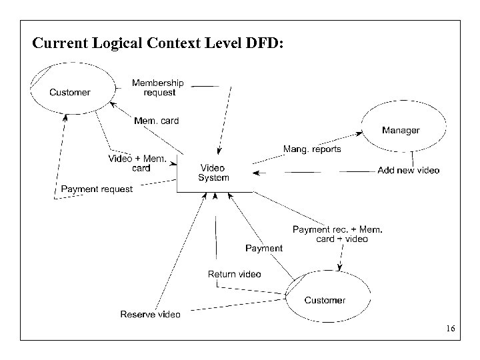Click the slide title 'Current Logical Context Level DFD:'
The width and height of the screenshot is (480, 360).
click(x=158, y=44)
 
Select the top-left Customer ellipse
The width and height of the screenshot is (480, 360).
click(x=69, y=92)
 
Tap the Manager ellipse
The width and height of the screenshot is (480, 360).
click(x=401, y=130)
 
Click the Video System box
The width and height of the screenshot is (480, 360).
click(x=213, y=173)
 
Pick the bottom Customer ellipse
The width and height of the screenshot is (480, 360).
click(x=325, y=300)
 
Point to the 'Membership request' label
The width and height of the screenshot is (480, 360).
click(x=158, y=87)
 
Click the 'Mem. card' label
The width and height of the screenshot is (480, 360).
click(x=156, y=121)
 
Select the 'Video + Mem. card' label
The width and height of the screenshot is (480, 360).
click(x=137, y=163)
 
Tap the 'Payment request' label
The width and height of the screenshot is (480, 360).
click(x=97, y=189)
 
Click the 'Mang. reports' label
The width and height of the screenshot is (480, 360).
click(x=312, y=149)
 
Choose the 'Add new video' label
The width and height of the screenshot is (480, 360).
click(x=408, y=170)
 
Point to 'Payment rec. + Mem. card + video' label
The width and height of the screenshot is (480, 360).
click(x=338, y=234)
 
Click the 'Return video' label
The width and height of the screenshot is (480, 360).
click(x=235, y=274)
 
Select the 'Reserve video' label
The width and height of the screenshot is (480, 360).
click(x=150, y=314)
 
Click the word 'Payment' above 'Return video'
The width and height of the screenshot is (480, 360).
click(x=264, y=248)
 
